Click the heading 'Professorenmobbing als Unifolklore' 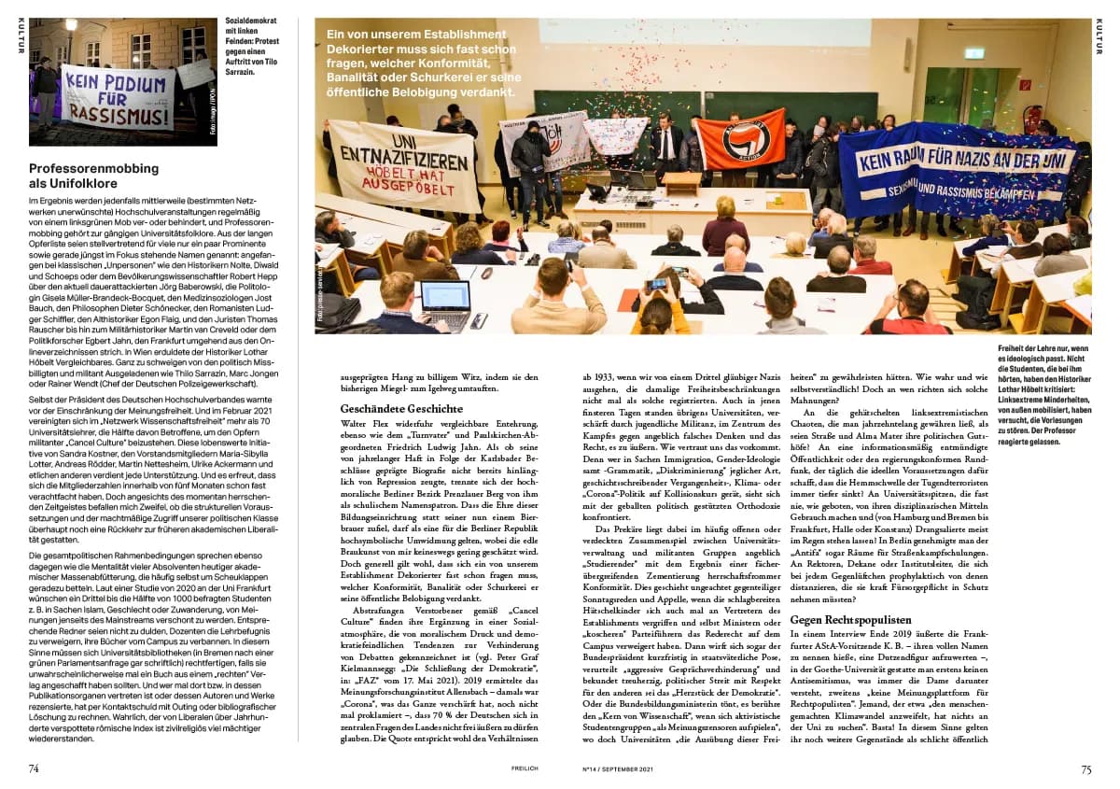(x=93, y=176)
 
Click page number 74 (x=34, y=768)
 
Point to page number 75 (x=1085, y=768)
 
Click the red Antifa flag (x=741, y=136)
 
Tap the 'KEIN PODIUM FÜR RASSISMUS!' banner (x=119, y=96)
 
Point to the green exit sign (x=974, y=54)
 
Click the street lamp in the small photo (x=71, y=25)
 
